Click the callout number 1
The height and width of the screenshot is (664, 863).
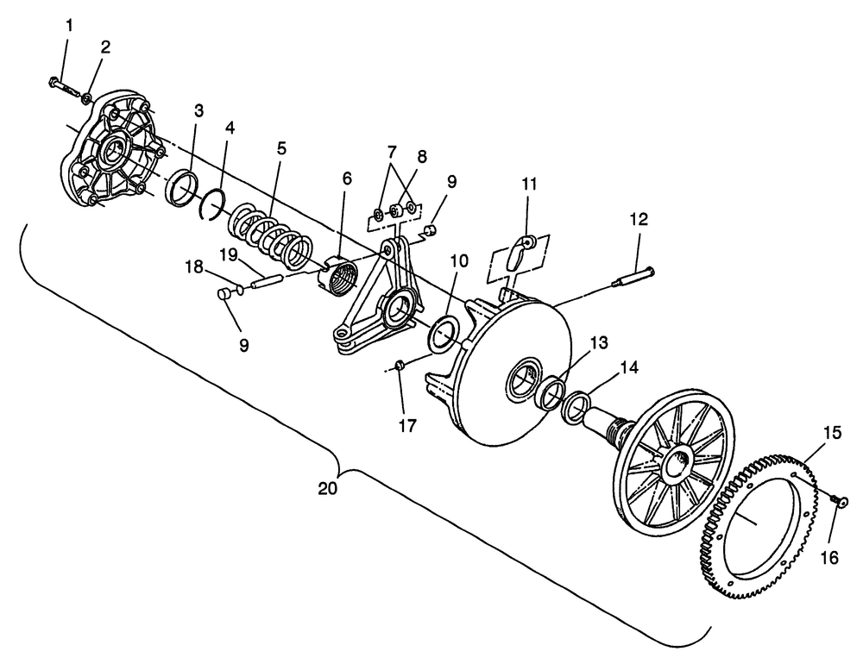[69, 25]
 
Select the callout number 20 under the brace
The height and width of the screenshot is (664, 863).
[328, 488]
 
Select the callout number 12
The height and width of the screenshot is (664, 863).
[639, 219]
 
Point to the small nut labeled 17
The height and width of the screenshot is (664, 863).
[400, 365]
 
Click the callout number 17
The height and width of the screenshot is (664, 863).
[407, 425]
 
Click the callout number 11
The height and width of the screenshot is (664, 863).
[529, 184]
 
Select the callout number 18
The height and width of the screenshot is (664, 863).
[193, 266]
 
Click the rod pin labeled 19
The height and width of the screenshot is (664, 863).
[267, 281]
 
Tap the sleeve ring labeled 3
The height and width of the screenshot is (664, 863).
[181, 189]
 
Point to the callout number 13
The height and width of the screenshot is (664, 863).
[599, 342]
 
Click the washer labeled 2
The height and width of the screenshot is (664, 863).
[87, 99]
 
